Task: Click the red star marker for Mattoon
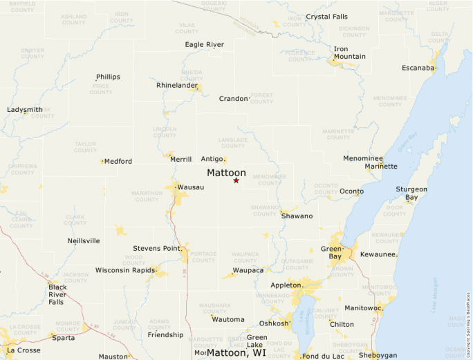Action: pyautogui.click(x=236, y=180)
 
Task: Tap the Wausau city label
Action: pyautogui.click(x=191, y=187)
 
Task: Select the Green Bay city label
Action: pyautogui.click(x=332, y=253)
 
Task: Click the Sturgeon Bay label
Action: pyautogui.click(x=411, y=193)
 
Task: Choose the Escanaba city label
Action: pyautogui.click(x=418, y=68)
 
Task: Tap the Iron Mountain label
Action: pyautogui.click(x=350, y=53)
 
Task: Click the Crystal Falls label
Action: pyautogui.click(x=327, y=17)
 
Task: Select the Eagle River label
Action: pyautogui.click(x=205, y=45)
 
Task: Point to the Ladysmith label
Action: pyautogui.click(x=24, y=110)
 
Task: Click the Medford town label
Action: pyautogui.click(x=118, y=161)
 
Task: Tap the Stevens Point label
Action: pyautogui.click(x=157, y=247)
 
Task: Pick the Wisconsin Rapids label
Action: pyautogui.click(x=124, y=269)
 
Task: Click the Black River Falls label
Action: pyautogui.click(x=58, y=294)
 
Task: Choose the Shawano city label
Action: pyautogui.click(x=297, y=216)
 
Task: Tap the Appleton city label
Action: pyautogui.click(x=285, y=285)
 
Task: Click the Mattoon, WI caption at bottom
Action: pyautogui.click(x=236, y=352)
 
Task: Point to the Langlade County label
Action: pyautogui.click(x=233, y=142)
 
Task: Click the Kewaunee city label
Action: pyautogui.click(x=378, y=254)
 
